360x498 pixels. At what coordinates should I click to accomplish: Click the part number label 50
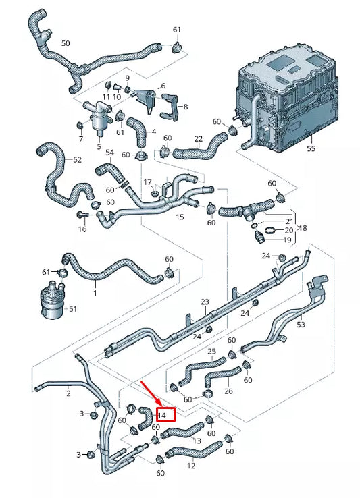click(x=66, y=43)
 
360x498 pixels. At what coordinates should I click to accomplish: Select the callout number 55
click(x=311, y=148)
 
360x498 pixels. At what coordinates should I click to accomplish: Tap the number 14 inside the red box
click(x=162, y=415)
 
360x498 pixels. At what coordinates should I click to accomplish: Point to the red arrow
click(x=150, y=394)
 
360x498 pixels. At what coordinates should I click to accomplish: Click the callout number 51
click(x=72, y=309)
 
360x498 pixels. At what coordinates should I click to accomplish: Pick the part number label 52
click(x=77, y=160)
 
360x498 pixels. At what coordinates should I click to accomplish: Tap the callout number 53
click(x=301, y=325)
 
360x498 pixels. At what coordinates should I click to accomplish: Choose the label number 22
click(x=199, y=139)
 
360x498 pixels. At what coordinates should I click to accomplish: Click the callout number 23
click(x=205, y=302)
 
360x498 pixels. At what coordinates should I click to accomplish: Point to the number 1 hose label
click(x=95, y=293)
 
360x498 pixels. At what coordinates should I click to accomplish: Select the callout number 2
click(x=68, y=392)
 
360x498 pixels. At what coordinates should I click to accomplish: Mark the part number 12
click(x=192, y=466)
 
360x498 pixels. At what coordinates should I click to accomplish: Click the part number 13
click(x=197, y=441)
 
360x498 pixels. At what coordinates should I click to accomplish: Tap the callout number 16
click(x=82, y=229)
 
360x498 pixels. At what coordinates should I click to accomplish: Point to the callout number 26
click(x=228, y=391)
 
